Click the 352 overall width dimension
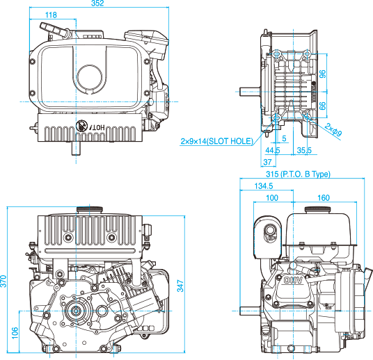(x=97, y=3)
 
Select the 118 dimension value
(x=51, y=15)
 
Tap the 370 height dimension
(x=3, y=281)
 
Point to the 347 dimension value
(x=180, y=286)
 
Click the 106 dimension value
(x=15, y=333)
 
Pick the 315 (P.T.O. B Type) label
(x=298, y=174)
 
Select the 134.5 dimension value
(x=264, y=186)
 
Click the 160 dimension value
(x=324, y=197)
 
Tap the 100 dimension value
(x=272, y=197)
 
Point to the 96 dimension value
(x=323, y=74)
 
